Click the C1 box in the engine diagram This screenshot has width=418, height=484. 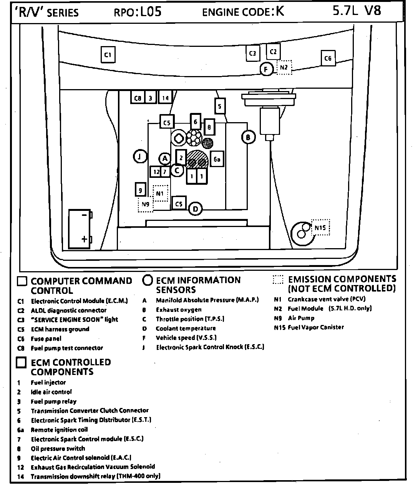(108, 55)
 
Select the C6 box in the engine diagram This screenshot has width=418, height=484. (328, 58)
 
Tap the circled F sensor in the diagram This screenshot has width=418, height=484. (266, 70)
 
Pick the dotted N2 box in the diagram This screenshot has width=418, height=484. (284, 68)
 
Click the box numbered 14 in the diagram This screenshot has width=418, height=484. (165, 98)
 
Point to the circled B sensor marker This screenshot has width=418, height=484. (248, 137)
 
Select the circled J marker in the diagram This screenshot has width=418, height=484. (140, 156)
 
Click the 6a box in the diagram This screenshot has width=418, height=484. (217, 159)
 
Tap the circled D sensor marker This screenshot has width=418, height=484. (196, 209)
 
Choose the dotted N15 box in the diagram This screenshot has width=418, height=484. (320, 228)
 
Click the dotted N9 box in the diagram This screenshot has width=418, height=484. (145, 204)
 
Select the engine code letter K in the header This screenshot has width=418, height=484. (280, 12)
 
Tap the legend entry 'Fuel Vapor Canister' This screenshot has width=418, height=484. (316, 327)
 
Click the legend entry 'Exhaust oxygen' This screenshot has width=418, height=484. (179, 310)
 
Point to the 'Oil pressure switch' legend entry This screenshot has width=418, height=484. (58, 448)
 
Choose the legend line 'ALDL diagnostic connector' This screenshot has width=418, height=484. (69, 310)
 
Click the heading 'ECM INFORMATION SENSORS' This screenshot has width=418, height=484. (198, 285)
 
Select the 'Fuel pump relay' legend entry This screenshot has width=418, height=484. (54, 401)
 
